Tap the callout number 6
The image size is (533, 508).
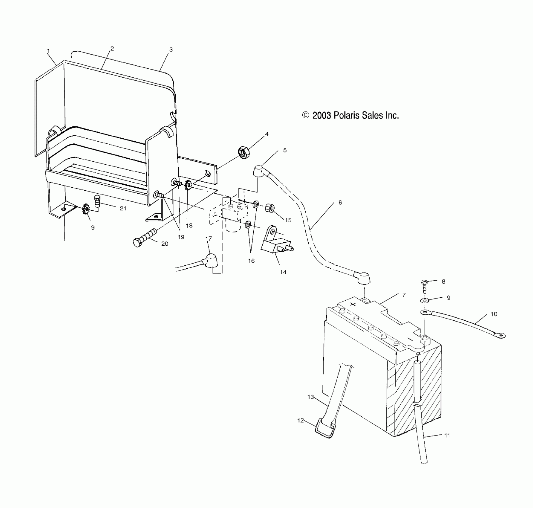(x=340, y=203)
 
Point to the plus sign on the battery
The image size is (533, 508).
(x=353, y=305)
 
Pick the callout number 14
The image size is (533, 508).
(x=283, y=272)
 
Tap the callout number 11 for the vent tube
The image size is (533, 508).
(x=447, y=436)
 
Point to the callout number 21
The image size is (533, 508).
(x=123, y=209)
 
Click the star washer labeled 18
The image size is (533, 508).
(x=188, y=186)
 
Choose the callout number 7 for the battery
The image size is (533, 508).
(x=404, y=295)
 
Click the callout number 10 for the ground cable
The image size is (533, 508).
(x=494, y=314)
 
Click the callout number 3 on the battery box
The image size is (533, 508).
(x=171, y=50)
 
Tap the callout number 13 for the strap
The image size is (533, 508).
(x=311, y=397)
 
